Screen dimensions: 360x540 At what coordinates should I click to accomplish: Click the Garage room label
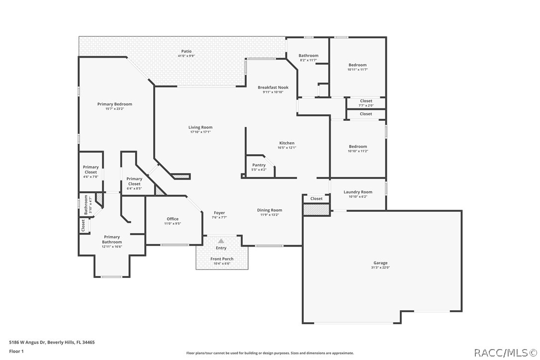click(x=380, y=263)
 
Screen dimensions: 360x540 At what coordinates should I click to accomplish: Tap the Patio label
click(x=186, y=51)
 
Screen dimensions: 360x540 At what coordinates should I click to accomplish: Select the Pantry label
click(x=259, y=165)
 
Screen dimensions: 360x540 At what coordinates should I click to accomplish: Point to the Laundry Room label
click(x=358, y=192)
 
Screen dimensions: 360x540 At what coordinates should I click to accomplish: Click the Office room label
click(x=173, y=219)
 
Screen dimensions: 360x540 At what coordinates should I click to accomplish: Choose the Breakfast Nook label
click(x=273, y=88)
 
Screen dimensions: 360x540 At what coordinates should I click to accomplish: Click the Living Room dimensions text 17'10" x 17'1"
click(x=200, y=132)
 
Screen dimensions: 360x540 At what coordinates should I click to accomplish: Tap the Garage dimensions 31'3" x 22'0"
click(x=380, y=268)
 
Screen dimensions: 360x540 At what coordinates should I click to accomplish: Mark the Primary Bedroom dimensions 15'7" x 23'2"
click(x=114, y=109)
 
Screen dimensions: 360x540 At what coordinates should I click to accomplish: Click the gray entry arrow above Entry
click(x=221, y=241)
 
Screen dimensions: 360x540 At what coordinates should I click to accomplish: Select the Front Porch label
click(x=222, y=259)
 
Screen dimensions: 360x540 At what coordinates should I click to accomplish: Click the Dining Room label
click(x=270, y=210)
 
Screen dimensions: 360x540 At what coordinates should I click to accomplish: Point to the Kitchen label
click(x=287, y=143)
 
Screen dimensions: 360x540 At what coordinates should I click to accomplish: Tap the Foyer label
click(x=219, y=213)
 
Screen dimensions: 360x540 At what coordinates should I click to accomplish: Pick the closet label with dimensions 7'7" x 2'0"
click(x=365, y=101)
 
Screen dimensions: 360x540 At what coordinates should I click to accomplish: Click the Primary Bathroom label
click(x=112, y=239)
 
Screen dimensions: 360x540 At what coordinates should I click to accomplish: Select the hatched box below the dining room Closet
click(x=316, y=210)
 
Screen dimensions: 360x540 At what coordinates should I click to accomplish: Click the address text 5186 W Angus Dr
click(x=29, y=342)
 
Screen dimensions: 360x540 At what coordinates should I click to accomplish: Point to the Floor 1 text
click(x=16, y=351)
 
